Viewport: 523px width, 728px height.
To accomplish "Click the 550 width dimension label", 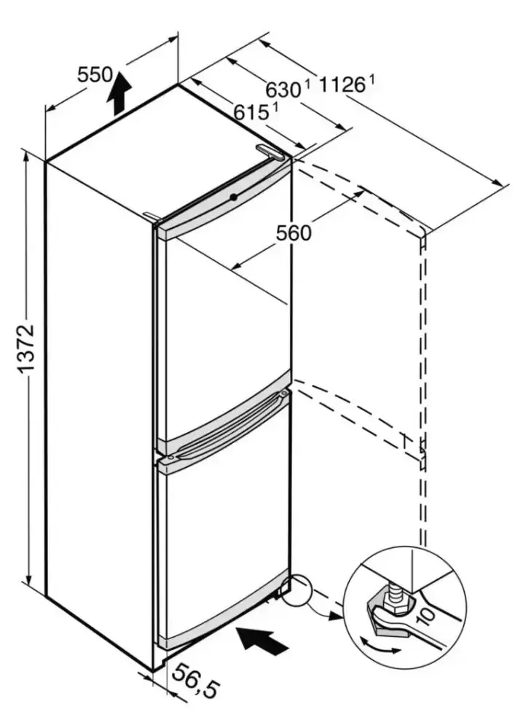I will coord(95,74).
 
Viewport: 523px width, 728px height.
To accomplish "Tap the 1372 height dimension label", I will coord(25,349).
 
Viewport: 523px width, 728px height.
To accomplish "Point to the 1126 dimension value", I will coord(342,85).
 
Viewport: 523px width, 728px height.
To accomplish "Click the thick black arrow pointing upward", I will coord(121,93).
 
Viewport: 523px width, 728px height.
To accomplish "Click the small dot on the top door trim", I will coord(232,197).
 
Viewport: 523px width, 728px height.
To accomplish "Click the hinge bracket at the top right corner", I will coord(274,152).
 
